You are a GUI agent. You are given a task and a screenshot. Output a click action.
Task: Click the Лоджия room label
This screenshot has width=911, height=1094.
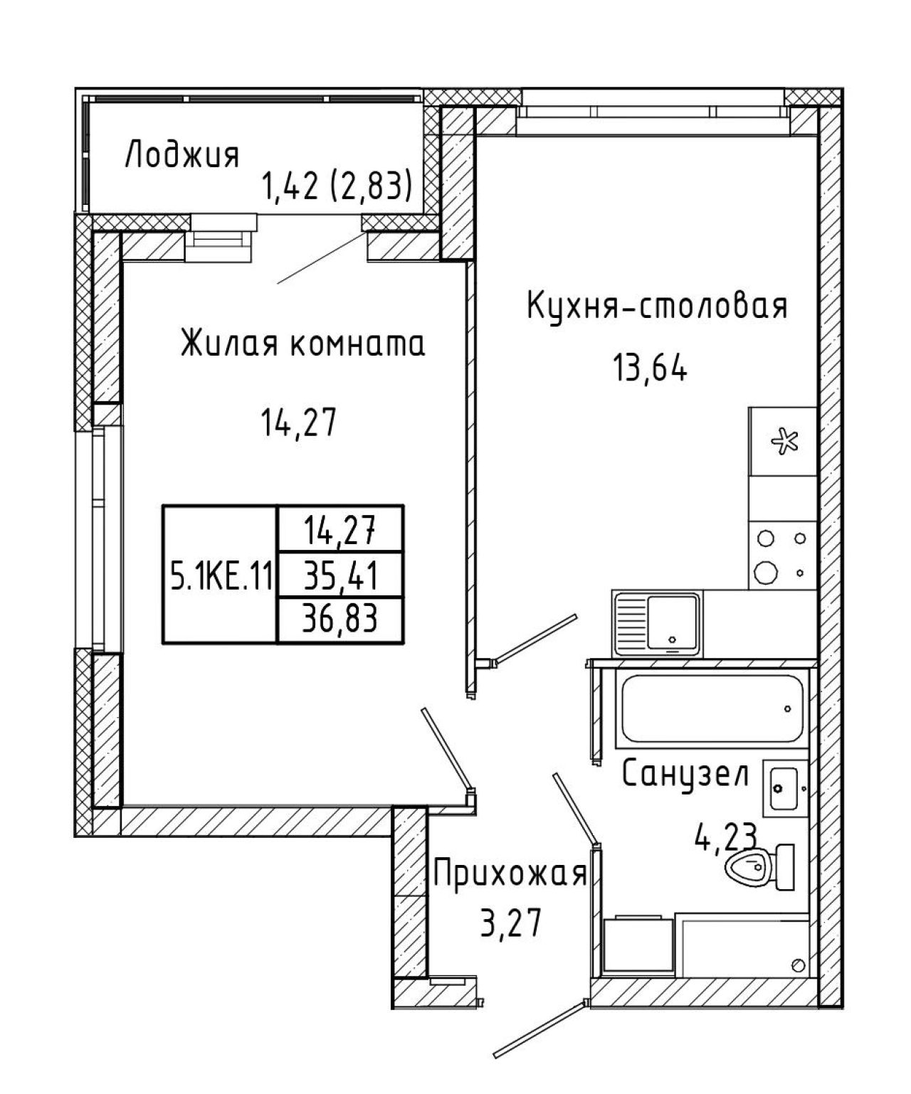tap(182, 154)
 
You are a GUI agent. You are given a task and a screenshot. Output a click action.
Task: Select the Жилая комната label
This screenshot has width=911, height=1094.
tap(302, 343)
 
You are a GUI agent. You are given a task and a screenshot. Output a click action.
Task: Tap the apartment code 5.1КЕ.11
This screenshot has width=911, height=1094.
tap(220, 578)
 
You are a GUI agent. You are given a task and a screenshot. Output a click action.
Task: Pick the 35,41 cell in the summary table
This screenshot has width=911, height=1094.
tap(340, 575)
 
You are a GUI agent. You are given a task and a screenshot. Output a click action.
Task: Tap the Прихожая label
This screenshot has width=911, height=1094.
tap(510, 876)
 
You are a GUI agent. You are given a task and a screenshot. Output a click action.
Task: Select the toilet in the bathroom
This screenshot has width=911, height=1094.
tap(760, 866)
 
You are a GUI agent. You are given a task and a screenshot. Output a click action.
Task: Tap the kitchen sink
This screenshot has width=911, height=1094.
tap(657, 623)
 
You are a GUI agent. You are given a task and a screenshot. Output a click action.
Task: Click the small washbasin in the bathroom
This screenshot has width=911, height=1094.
tap(785, 788)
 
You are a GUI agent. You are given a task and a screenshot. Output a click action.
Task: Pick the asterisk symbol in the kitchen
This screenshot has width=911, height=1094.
tap(785, 442)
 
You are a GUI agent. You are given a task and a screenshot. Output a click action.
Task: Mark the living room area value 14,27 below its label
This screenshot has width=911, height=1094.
tap(297, 423)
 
